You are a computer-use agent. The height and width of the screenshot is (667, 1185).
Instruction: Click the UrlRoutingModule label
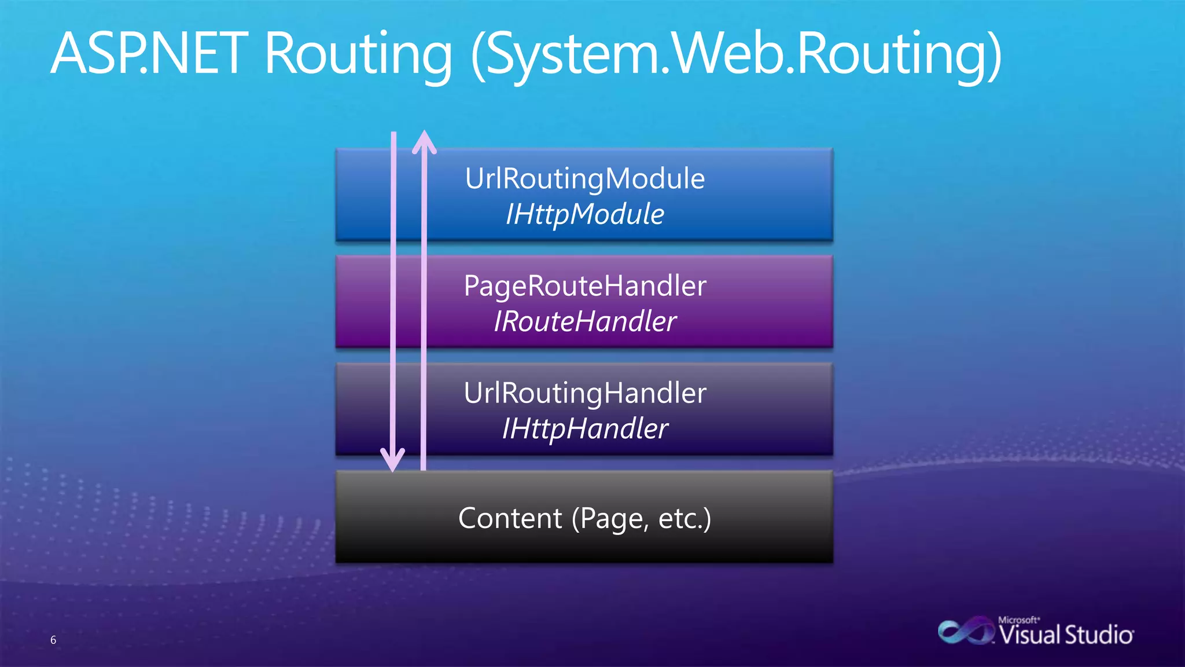tap(584, 178)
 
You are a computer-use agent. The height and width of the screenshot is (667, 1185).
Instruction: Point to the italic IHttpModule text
tap(584, 214)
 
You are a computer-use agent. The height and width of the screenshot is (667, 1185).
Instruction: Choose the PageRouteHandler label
tap(584, 286)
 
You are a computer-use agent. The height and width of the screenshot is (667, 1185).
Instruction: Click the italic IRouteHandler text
tap(584, 322)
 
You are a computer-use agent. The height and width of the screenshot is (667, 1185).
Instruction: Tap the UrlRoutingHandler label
tap(584, 393)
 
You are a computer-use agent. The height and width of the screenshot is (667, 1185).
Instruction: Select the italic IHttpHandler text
tap(584, 429)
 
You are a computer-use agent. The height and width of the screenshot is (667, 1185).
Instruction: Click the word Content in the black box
tap(510, 518)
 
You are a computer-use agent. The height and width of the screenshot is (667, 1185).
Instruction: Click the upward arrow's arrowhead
tap(424, 141)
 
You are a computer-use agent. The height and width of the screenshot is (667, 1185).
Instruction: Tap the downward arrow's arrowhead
tap(393, 460)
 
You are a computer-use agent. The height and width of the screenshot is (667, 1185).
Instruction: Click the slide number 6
tap(53, 640)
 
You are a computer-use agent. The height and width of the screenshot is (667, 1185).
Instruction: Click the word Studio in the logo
tap(1099, 635)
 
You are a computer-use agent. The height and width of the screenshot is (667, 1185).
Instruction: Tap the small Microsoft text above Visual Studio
tap(1018, 620)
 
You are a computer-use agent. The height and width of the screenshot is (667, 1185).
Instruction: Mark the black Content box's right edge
tap(832, 516)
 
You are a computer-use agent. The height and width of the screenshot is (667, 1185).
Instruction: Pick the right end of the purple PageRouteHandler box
tap(831, 302)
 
